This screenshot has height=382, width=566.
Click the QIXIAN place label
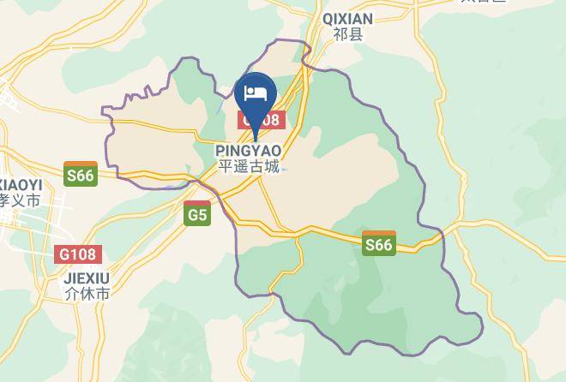pos(347,19)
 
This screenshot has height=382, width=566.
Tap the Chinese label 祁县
pos(347,35)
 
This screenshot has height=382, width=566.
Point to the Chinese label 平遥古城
pos(248,167)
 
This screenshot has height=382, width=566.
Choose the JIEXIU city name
pos(86,279)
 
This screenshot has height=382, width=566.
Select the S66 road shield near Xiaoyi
pos(80,175)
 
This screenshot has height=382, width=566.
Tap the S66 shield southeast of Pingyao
pos(378,244)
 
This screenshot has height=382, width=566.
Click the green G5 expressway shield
pos(197,214)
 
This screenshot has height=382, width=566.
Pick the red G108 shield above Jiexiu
pos(79,254)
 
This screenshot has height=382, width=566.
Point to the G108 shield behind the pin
pos(259,121)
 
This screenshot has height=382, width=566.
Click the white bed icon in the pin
pos(256,93)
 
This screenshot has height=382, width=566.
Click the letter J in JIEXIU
pos(67,279)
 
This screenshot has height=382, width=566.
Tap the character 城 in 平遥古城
pos(274,167)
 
